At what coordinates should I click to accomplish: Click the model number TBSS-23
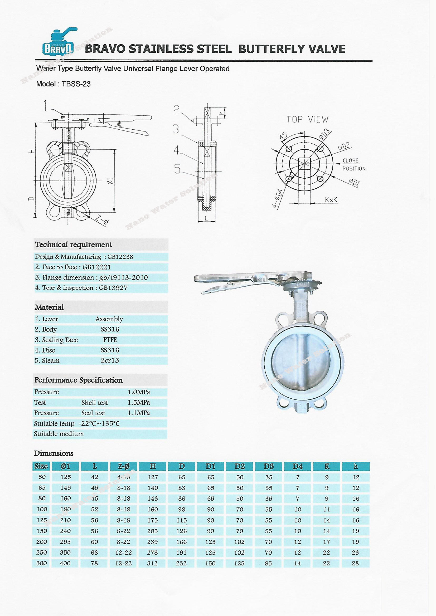(x=76, y=84)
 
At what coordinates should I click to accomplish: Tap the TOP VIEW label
(x=307, y=119)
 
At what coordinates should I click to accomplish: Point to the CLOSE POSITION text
(x=354, y=164)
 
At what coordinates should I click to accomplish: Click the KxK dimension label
(x=331, y=200)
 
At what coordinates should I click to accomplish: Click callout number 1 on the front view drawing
(x=46, y=106)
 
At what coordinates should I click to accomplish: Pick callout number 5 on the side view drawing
(x=177, y=169)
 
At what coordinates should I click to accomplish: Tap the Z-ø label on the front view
(x=102, y=220)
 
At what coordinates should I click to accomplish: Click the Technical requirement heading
(x=73, y=245)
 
